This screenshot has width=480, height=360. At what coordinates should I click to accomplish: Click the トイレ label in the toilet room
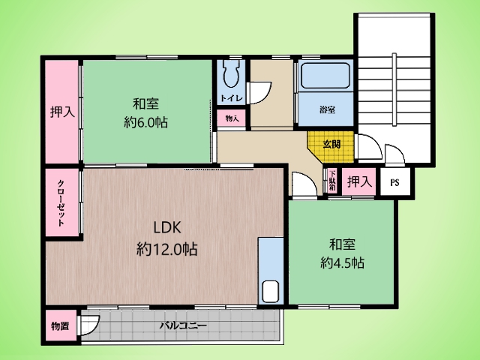(232, 98)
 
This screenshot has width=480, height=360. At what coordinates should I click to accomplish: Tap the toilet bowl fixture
(231, 73)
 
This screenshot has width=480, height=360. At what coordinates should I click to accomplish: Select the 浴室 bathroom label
(327, 109)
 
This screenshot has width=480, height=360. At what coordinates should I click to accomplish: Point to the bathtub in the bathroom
(325, 76)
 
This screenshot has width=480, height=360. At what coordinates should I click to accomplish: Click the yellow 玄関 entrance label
(331, 144)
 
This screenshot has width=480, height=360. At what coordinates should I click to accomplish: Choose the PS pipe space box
(395, 182)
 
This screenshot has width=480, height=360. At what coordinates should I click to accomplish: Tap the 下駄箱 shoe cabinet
(333, 181)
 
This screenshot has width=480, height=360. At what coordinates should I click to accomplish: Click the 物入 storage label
(232, 118)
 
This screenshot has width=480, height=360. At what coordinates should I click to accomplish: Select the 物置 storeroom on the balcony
(61, 326)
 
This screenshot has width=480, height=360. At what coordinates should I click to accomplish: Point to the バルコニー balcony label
(183, 325)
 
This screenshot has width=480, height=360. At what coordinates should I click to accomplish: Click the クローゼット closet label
(61, 202)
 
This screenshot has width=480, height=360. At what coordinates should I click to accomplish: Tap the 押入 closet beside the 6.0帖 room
(62, 112)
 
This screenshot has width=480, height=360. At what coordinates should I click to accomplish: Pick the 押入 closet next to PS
(359, 181)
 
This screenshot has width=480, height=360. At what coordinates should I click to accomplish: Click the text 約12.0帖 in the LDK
(166, 249)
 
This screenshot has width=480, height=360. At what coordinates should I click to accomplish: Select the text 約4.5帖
(342, 262)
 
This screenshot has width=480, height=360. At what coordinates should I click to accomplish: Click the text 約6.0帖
(145, 122)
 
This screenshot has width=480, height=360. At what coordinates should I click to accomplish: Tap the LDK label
(167, 227)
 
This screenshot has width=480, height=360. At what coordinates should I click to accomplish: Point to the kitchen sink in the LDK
(271, 292)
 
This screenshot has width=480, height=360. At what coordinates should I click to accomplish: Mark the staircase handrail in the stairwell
(394, 90)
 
